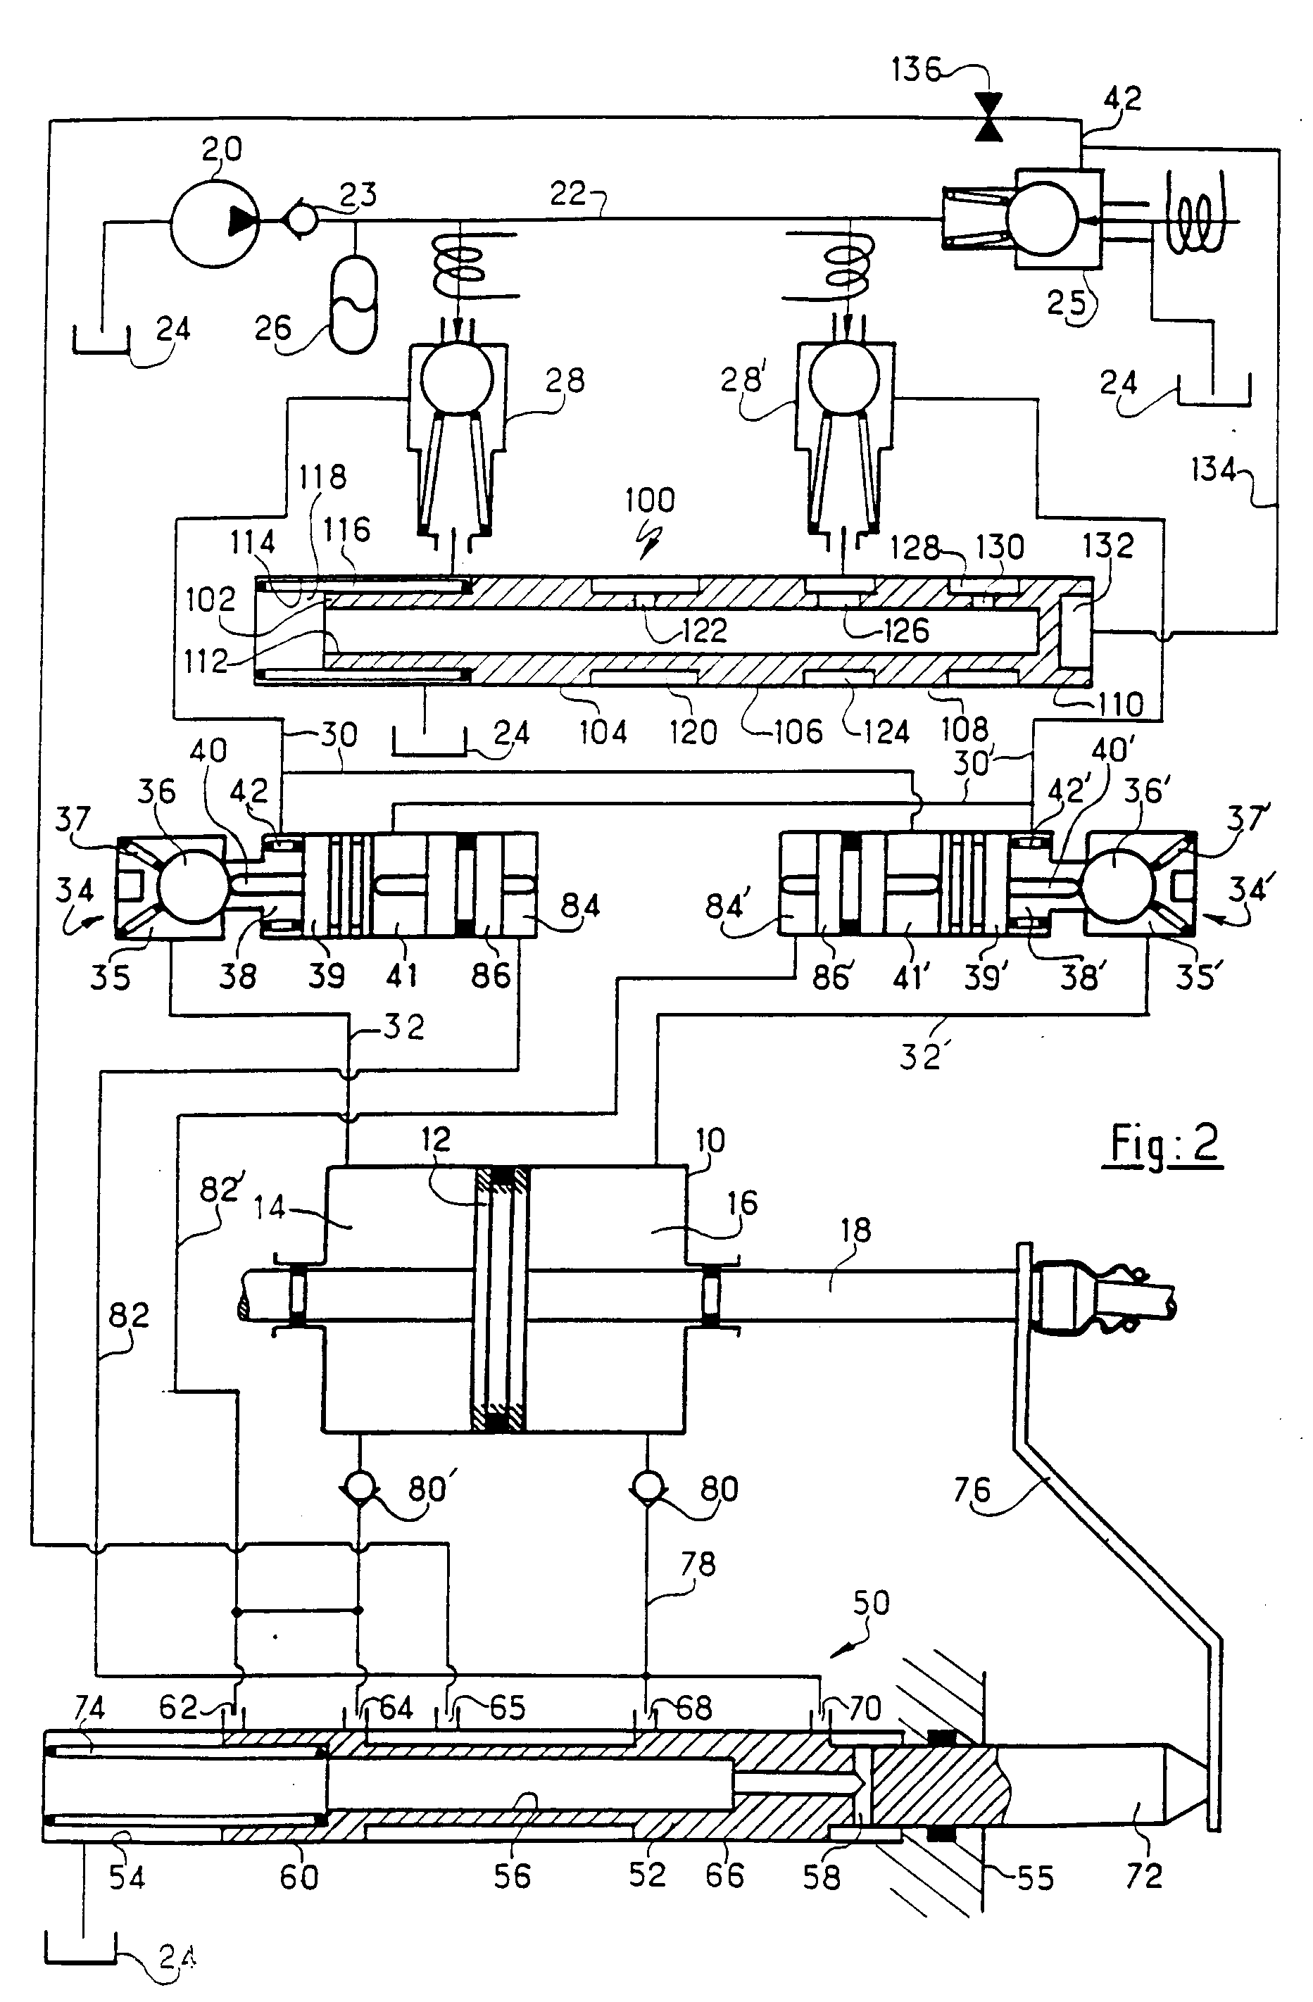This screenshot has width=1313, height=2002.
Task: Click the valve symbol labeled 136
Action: tap(989, 117)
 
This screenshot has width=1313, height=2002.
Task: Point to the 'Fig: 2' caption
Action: tap(1163, 1144)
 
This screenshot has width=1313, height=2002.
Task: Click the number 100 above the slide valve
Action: tap(649, 500)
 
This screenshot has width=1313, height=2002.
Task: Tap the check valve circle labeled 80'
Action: tap(360, 1488)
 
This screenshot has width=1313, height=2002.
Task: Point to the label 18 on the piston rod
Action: tap(855, 1230)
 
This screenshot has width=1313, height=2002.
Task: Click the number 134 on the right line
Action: tap(1213, 470)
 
